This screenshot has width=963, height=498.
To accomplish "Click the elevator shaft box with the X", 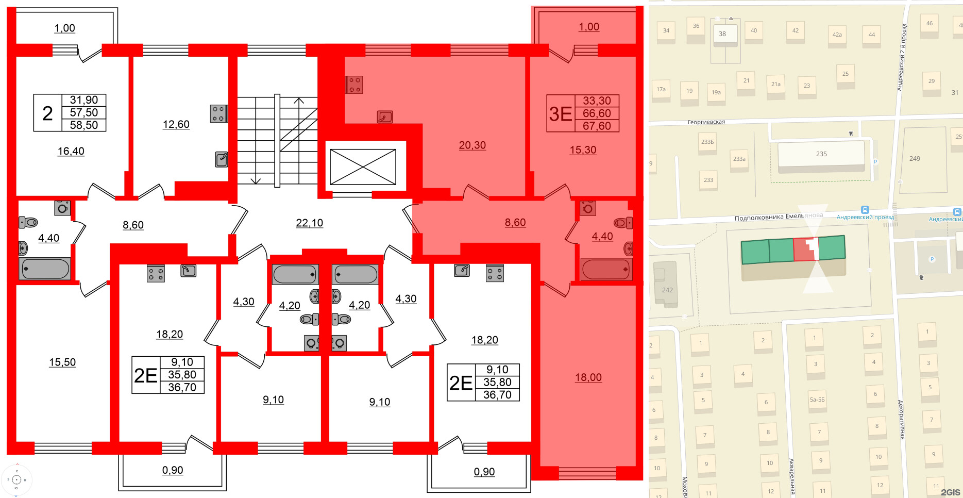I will (x=363, y=167).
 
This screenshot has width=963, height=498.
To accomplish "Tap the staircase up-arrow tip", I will (x=299, y=98).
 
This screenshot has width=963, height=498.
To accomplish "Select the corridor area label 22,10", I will (x=309, y=223).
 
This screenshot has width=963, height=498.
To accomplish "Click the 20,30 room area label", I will (x=472, y=145).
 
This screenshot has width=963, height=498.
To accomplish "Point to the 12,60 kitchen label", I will (x=176, y=124).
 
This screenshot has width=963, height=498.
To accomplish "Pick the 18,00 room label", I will (x=588, y=377).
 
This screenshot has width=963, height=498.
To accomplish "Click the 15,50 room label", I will (x=62, y=362).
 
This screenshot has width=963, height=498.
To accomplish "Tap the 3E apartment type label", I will (x=561, y=113).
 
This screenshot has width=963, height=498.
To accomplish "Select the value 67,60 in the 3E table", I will (x=597, y=126).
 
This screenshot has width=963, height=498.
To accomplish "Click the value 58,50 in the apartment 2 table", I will (x=83, y=125).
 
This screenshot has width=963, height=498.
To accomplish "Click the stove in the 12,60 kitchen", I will (x=218, y=113).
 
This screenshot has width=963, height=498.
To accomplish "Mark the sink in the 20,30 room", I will (x=385, y=117).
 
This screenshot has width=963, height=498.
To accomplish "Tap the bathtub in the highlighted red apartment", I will (x=606, y=270).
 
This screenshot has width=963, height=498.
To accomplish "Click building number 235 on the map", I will (x=821, y=154).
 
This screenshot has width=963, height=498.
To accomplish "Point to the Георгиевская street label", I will (x=706, y=122).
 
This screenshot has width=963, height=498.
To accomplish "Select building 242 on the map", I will (x=667, y=290).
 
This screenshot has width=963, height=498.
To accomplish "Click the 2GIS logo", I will (x=950, y=492).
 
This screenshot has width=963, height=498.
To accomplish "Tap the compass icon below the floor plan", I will (x=16, y=479).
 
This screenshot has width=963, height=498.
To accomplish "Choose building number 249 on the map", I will (x=915, y=158).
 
